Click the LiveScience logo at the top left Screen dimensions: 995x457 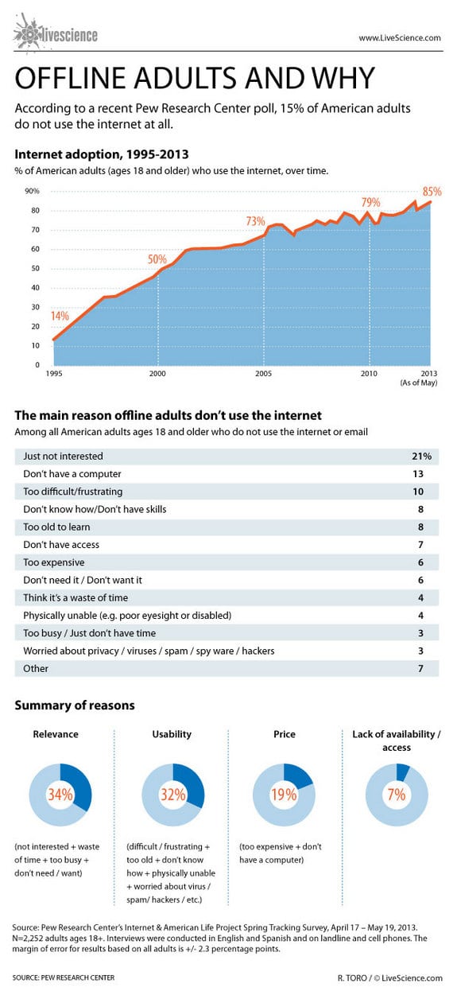pyautogui.click(x=55, y=34)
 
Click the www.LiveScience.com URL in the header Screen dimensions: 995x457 pyautogui.click(x=400, y=37)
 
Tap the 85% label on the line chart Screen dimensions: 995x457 pyautogui.click(x=432, y=192)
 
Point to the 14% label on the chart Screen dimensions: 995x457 pyautogui.click(x=60, y=316)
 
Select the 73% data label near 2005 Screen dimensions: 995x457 pyautogui.click(x=255, y=221)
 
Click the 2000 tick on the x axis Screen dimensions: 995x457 pyautogui.click(x=157, y=373)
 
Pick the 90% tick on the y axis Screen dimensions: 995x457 pyautogui.click(x=32, y=191)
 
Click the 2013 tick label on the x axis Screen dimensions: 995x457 pyautogui.click(x=429, y=373)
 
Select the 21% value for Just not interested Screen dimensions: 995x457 pyautogui.click(x=420, y=457)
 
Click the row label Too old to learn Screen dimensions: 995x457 pyautogui.click(x=56, y=527)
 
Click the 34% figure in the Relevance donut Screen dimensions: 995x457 pyautogui.click(x=60, y=794)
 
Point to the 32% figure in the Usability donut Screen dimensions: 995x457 pyautogui.click(x=173, y=794)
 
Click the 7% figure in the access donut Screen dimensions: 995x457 pyautogui.click(x=397, y=794)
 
